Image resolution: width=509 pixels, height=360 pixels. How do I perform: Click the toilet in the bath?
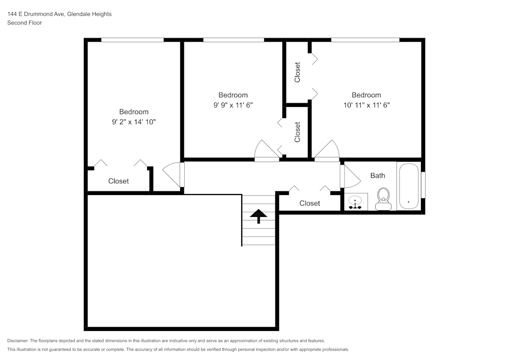pyautogui.click(x=383, y=198)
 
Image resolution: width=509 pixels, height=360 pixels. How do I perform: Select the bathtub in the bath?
pyautogui.click(x=408, y=186)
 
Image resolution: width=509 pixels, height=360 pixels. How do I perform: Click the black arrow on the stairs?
pyautogui.click(x=259, y=216)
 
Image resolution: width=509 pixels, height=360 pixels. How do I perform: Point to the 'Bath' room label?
pyautogui.click(x=377, y=176)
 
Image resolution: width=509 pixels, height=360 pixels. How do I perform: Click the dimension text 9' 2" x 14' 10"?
pyautogui.click(x=134, y=122)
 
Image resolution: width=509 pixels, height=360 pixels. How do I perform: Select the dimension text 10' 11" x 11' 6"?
pyautogui.click(x=366, y=105)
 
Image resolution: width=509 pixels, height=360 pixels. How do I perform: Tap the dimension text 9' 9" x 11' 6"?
pyautogui.click(x=233, y=105)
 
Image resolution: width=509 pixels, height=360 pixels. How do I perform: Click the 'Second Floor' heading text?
pyautogui.click(x=24, y=23)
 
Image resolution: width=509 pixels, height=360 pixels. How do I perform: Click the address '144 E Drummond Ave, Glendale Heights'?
pyautogui.click(x=59, y=14)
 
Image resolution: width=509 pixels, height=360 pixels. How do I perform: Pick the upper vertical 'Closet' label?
pyautogui.click(x=298, y=72)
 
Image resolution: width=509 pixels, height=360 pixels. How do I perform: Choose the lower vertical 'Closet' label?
pyautogui.click(x=298, y=132)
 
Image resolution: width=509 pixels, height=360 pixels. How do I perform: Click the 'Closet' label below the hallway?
pyautogui.click(x=309, y=203)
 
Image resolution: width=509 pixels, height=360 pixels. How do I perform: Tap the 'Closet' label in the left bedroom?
pyautogui.click(x=119, y=181)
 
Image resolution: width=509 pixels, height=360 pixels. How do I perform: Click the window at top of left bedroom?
pyautogui.click(x=132, y=40)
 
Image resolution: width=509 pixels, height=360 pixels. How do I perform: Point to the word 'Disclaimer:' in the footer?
pyautogui.click(x=18, y=341)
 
